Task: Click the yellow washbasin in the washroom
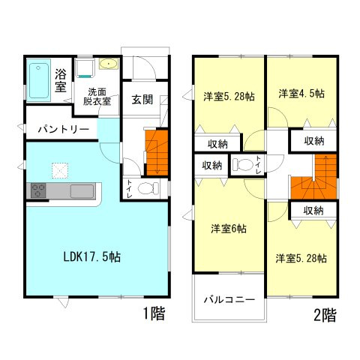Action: point(106,64)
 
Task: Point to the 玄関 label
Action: point(142,100)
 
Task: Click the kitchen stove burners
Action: point(38,190)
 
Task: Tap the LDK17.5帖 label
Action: point(91,256)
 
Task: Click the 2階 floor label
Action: point(324,315)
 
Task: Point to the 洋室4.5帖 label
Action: point(301,94)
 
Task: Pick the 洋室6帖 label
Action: point(227,229)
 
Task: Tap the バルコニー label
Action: point(229,299)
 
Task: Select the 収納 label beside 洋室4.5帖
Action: point(314,140)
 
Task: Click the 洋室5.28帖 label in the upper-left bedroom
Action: point(228,96)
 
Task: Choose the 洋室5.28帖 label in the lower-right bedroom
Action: point(300,259)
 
